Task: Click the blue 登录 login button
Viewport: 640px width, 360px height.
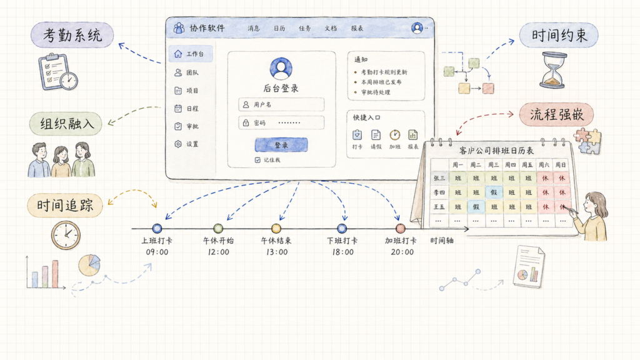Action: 281,145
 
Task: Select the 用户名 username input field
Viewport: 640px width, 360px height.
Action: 281,104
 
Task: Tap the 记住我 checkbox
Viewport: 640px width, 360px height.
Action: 257,160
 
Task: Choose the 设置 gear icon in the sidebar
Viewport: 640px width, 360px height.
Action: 178,144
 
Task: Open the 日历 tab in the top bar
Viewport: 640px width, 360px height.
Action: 279,28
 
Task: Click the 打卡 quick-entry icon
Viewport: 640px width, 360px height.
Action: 357,135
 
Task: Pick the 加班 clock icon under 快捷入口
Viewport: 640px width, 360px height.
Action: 395,135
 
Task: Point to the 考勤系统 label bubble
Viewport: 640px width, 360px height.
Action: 72,35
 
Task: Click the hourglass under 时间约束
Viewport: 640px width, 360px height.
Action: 553,70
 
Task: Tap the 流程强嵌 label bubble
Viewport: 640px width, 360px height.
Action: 556,115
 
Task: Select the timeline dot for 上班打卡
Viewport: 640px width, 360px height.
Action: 157,229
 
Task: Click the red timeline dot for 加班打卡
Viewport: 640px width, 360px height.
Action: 401,228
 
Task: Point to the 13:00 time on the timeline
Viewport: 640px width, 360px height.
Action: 277,252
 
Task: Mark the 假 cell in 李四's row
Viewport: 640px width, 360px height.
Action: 494,192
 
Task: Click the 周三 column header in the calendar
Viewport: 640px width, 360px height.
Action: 494,165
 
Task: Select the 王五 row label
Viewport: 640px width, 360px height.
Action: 439,207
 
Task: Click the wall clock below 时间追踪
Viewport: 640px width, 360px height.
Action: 66,235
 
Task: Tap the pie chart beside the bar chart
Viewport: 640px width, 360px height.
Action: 89,265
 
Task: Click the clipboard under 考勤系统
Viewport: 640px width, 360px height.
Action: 57,71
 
